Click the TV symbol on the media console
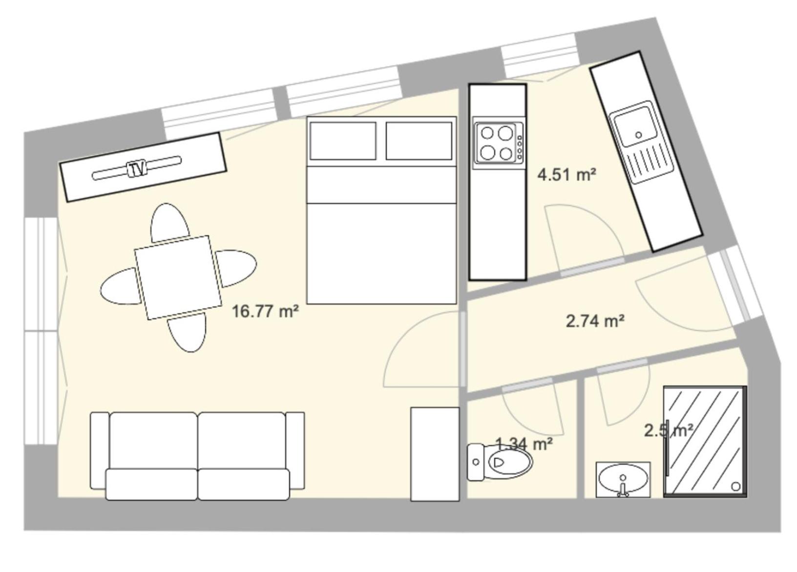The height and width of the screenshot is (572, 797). [x=137, y=169]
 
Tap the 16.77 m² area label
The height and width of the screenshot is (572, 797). [x=265, y=311]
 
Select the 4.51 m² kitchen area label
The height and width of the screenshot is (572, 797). [x=566, y=174]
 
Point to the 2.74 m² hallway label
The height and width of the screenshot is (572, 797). [x=595, y=321]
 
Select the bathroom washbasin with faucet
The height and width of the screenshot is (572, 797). [x=623, y=479]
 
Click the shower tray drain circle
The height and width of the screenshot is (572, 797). [x=736, y=486]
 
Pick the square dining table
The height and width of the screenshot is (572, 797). [x=177, y=278]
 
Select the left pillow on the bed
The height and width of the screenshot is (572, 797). [x=342, y=141]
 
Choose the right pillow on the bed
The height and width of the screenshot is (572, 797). [x=419, y=141]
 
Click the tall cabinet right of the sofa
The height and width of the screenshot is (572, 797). [x=435, y=454]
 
